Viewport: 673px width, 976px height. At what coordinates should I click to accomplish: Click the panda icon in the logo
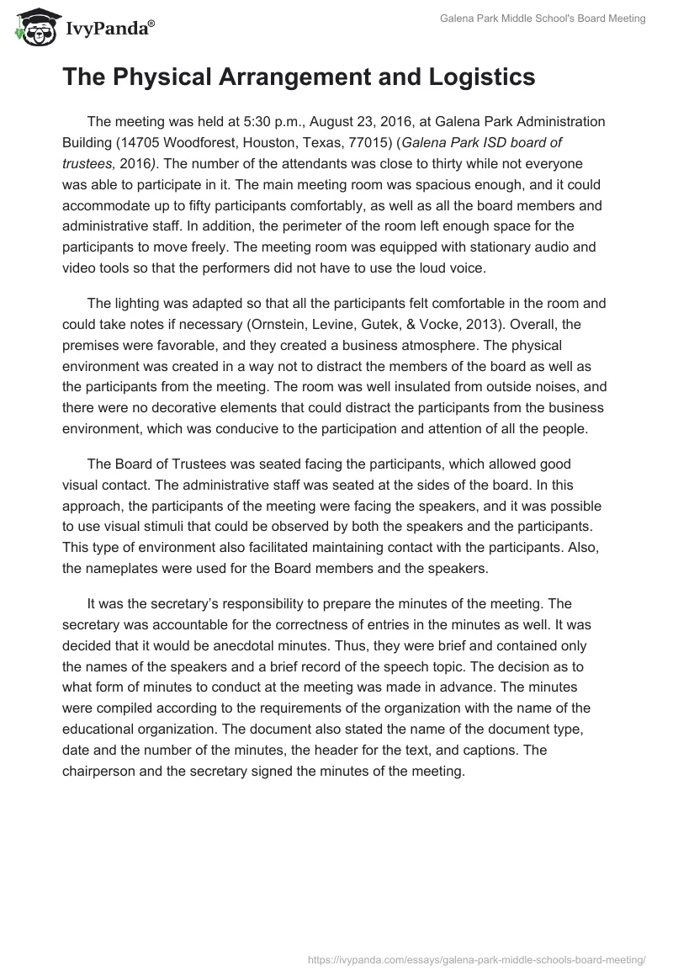coord(33,28)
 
